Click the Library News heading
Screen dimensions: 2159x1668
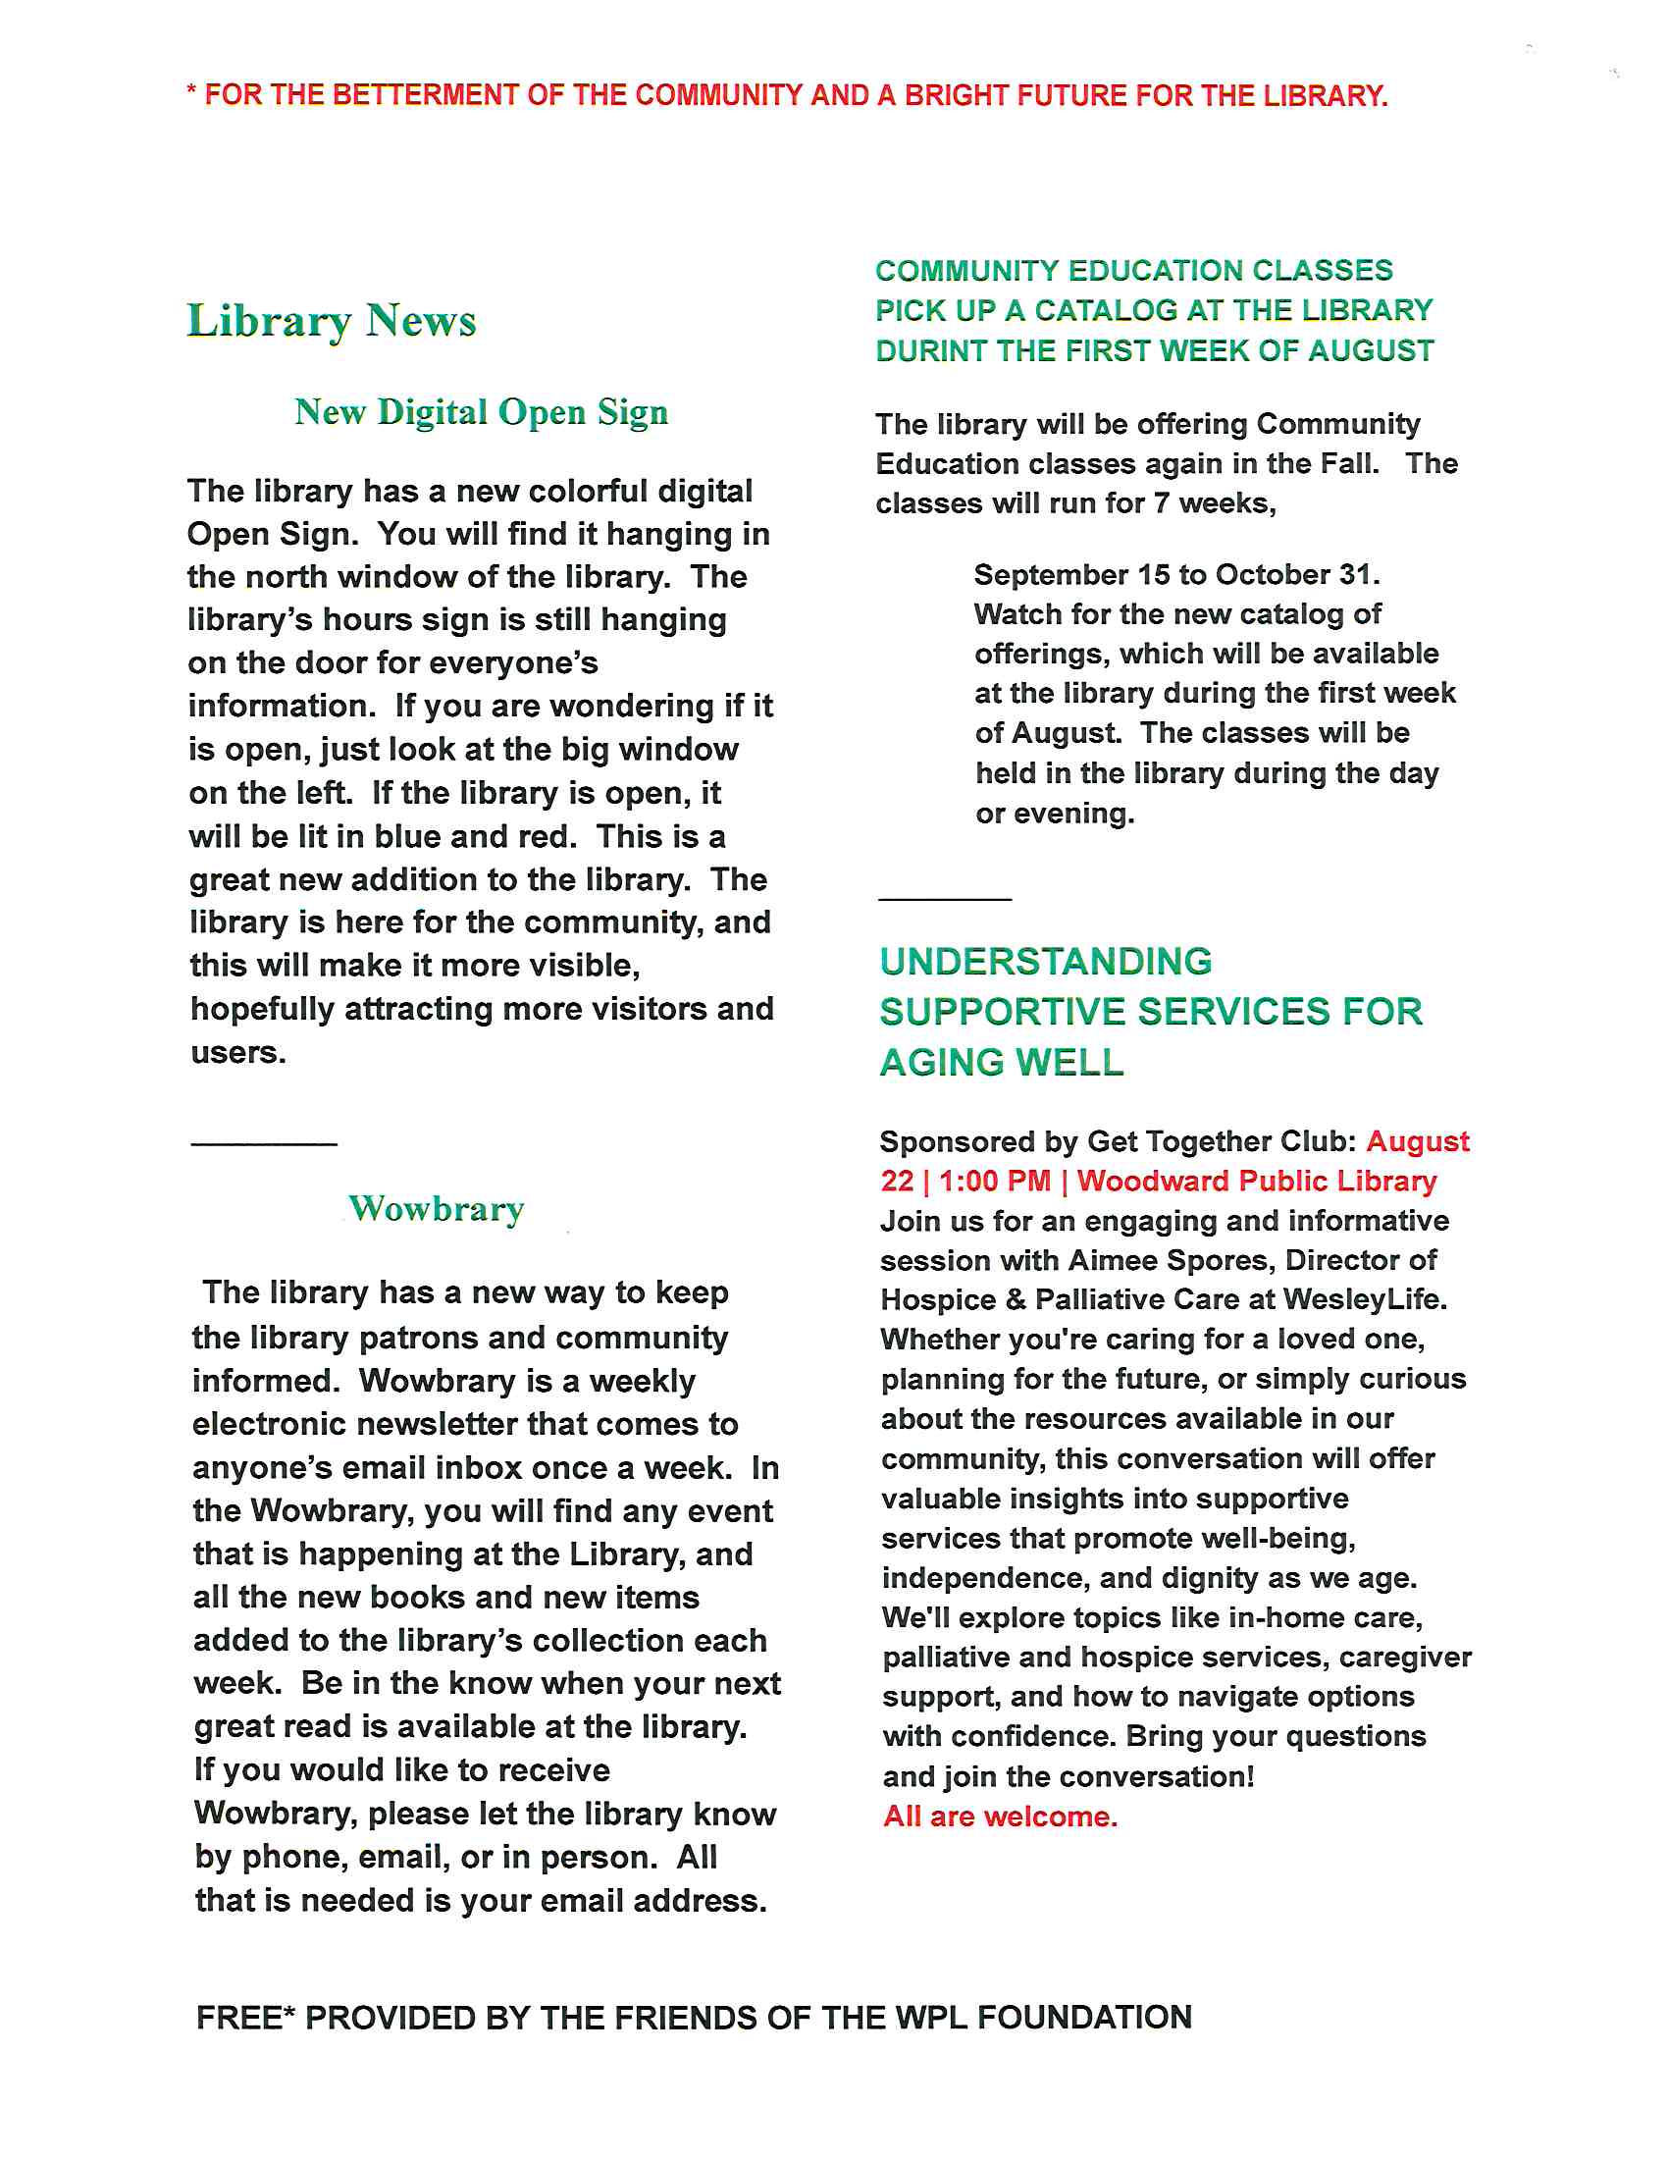[x=332, y=321]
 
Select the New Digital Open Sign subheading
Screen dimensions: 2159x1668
[x=481, y=412]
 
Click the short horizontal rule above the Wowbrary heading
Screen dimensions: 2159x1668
[x=264, y=1144]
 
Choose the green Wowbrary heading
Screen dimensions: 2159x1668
[x=437, y=1209]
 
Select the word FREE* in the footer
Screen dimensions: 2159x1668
[x=246, y=2018]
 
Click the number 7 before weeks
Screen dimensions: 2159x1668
[x=1161, y=504]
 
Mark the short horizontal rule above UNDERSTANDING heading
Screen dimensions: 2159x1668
[x=945, y=900]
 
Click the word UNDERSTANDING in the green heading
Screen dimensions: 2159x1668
[x=1046, y=962]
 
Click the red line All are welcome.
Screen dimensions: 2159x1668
[x=1000, y=1817]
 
